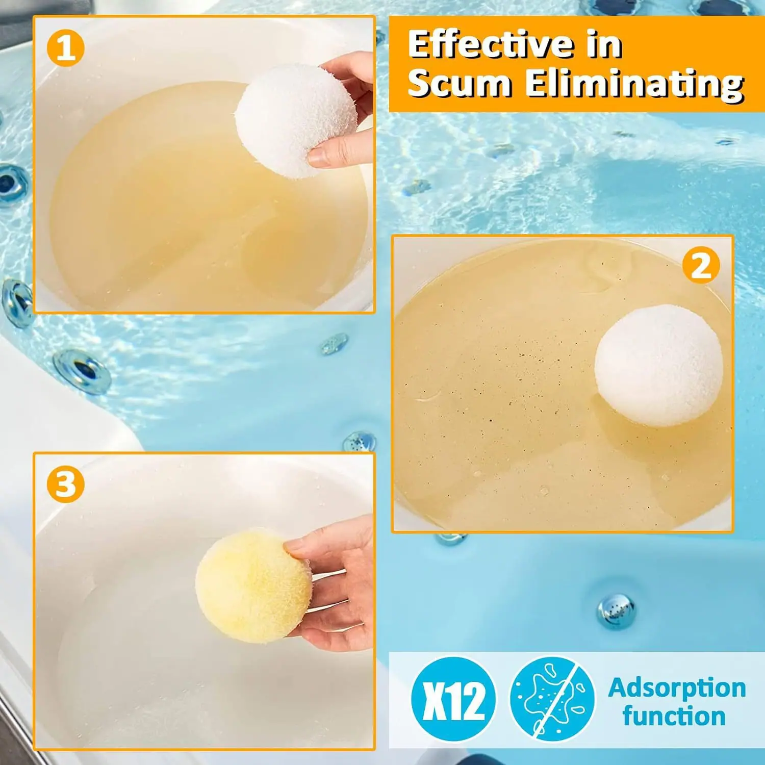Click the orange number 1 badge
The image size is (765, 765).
click(x=65, y=49)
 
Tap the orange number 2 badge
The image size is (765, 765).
click(x=701, y=265)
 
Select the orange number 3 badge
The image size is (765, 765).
click(x=65, y=484)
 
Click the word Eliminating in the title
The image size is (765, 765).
click(x=634, y=84)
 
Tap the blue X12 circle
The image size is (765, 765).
click(x=453, y=699)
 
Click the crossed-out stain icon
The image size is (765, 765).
click(x=552, y=699)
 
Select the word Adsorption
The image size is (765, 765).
click(x=677, y=688)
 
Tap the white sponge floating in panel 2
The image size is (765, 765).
click(x=659, y=366)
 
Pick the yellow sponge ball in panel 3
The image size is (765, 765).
click(x=253, y=585)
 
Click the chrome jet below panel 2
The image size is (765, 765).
click(x=616, y=610)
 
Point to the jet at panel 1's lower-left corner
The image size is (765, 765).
click(x=17, y=303)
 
